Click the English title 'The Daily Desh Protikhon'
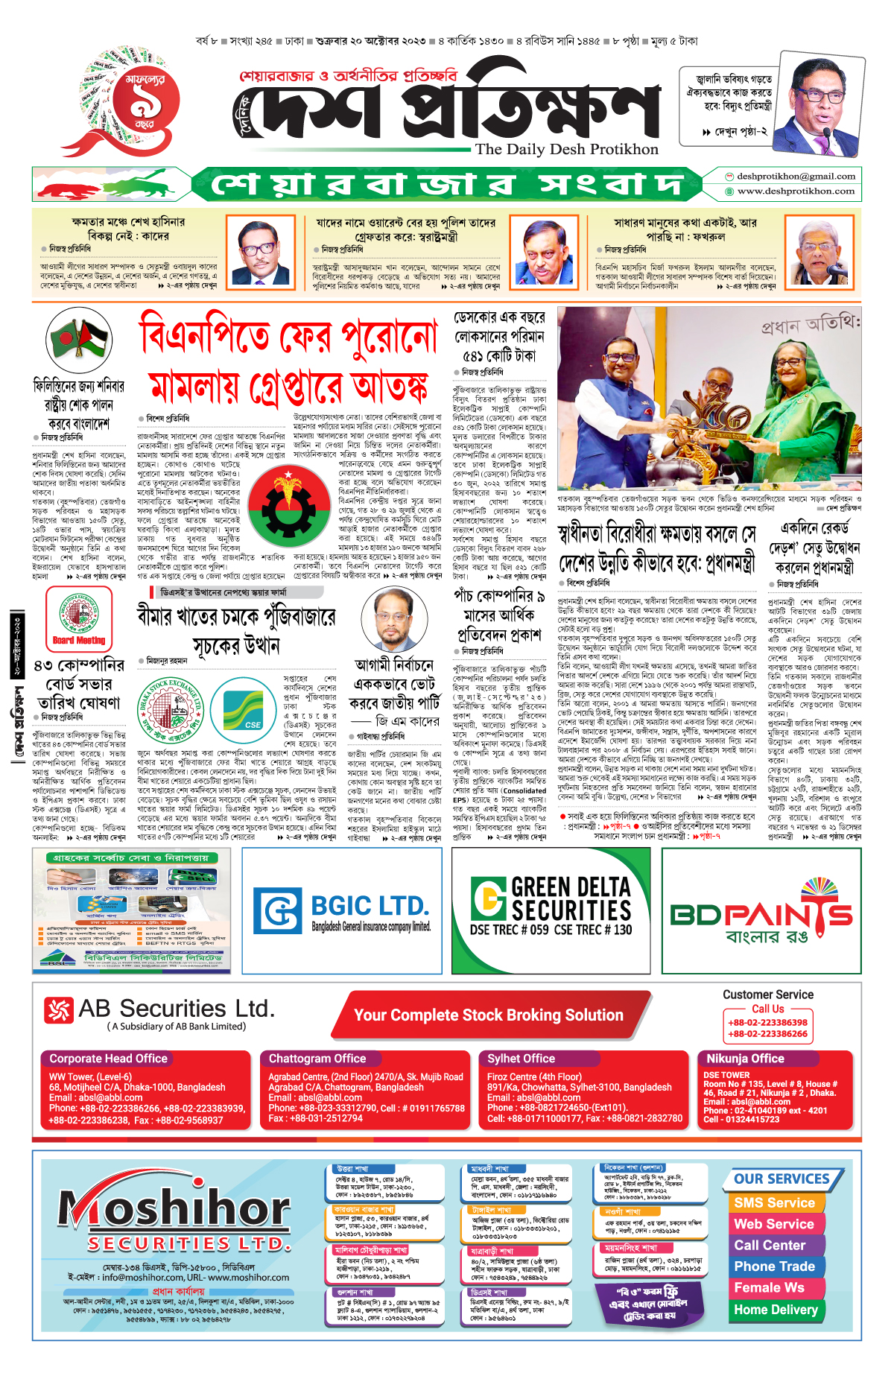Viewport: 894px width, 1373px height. pos(567,149)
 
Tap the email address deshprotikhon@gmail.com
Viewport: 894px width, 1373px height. pos(796,177)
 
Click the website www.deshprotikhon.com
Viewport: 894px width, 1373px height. pos(796,191)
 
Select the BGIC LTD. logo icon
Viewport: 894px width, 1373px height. pos(277,910)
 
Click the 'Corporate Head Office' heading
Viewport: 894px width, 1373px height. pos(109,1059)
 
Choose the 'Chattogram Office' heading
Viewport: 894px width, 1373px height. pos(317,1059)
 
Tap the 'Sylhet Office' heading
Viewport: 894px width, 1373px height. pos(521,1059)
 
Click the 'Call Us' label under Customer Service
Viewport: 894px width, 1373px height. pos(767,1009)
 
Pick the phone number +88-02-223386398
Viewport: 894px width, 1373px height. pos(767,1023)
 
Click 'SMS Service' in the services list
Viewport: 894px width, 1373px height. pos(774,1203)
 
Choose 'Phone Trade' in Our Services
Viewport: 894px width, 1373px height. pos(774,1266)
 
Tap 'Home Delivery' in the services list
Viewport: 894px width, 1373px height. pos(776,1310)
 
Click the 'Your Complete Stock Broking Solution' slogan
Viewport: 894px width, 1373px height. pos(488,1015)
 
